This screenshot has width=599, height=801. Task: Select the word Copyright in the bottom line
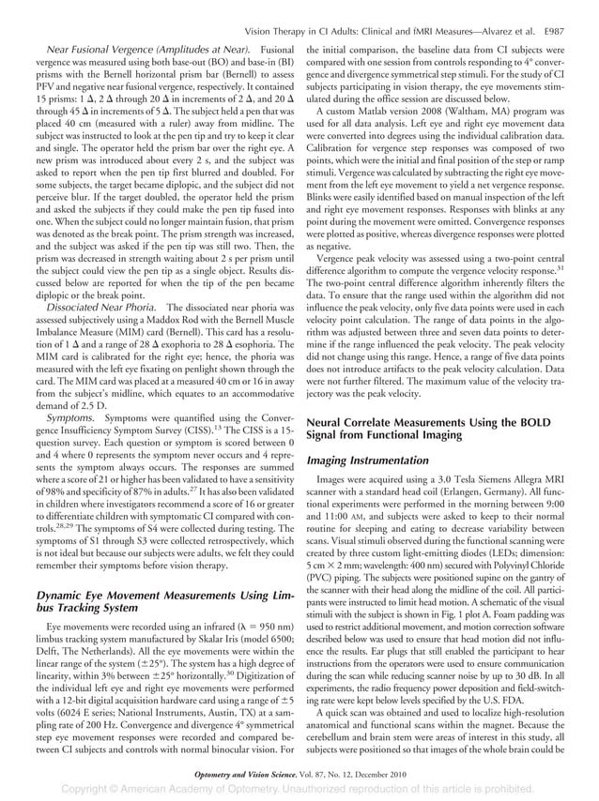click(x=98, y=791)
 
